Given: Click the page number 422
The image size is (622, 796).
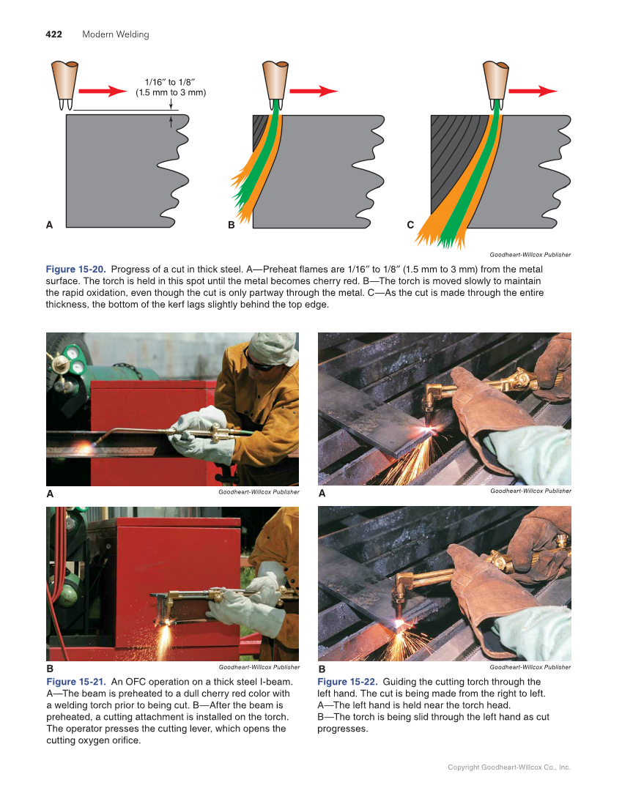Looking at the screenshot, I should click(x=53, y=34).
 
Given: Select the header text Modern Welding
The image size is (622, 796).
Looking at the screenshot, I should click(x=115, y=34).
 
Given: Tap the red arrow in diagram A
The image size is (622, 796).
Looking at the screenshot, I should click(x=103, y=91).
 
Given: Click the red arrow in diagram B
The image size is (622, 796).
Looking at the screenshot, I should click(x=314, y=91).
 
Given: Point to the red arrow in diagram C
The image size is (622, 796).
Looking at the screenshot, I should click(x=533, y=91).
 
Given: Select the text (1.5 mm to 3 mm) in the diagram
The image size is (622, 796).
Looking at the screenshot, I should click(x=171, y=93).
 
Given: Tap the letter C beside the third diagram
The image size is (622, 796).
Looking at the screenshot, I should click(x=410, y=226).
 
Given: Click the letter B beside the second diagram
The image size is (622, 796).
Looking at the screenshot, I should click(x=231, y=226).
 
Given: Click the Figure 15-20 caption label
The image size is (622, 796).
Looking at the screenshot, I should click(x=75, y=269).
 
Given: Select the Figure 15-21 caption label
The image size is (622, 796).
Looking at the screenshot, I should click(x=75, y=682).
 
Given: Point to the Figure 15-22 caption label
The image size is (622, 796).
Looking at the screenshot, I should click(x=347, y=682).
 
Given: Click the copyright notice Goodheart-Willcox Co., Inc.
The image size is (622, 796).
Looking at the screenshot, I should click(x=509, y=767).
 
